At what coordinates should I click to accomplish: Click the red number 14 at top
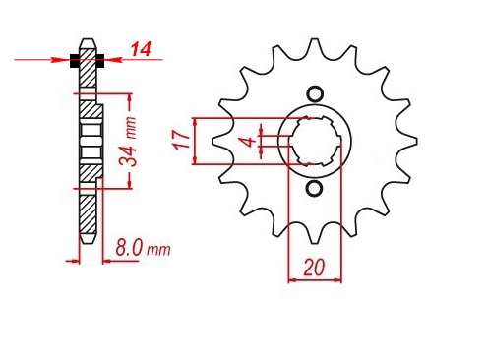[x=141, y=49]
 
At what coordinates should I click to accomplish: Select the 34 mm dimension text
[x=128, y=142]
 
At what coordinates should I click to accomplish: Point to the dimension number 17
[x=182, y=141]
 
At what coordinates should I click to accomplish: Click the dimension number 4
[x=248, y=142]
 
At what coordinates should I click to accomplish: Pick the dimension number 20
[x=314, y=267]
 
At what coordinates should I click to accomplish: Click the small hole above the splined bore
[x=315, y=94]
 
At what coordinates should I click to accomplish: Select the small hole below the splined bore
[x=315, y=189]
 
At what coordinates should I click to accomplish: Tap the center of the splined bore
[x=315, y=142]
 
